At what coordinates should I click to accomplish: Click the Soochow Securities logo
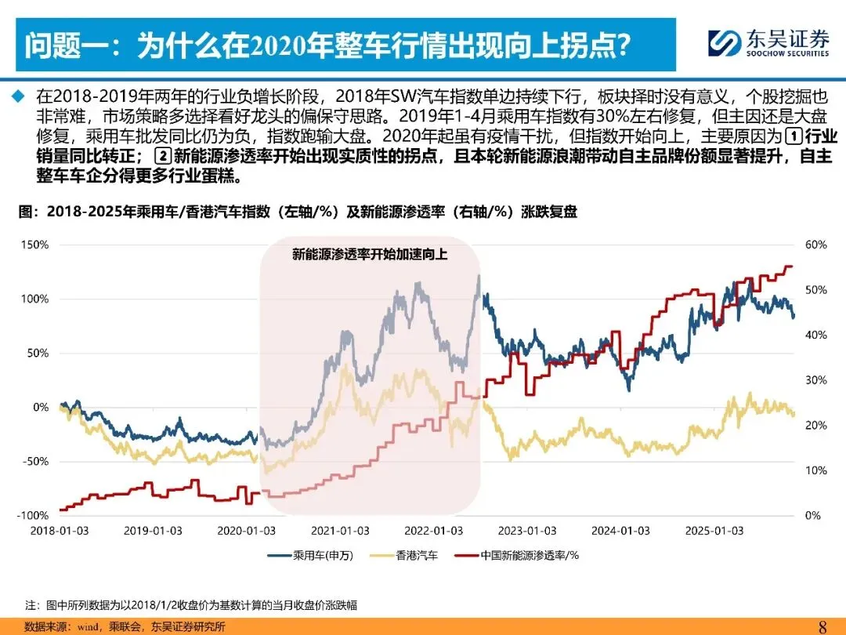coord(768,42)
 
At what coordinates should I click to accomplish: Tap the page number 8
coord(822,627)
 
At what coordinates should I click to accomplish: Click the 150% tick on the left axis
coord(34,245)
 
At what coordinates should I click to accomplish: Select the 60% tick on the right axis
coord(815,245)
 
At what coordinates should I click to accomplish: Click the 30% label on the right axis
coord(815,380)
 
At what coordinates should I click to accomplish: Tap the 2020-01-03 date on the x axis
coord(246,531)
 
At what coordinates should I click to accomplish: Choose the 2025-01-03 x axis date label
coord(714,531)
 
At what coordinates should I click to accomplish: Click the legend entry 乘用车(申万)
coord(310,555)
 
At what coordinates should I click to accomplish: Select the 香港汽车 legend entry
coord(404,555)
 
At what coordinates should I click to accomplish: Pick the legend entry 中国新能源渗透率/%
coord(516,555)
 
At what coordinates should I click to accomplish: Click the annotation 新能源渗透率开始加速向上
coord(370,254)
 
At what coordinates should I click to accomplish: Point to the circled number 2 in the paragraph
coord(163,156)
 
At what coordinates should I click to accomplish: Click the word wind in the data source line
coord(88,627)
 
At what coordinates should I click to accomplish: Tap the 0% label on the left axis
coord(41,407)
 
